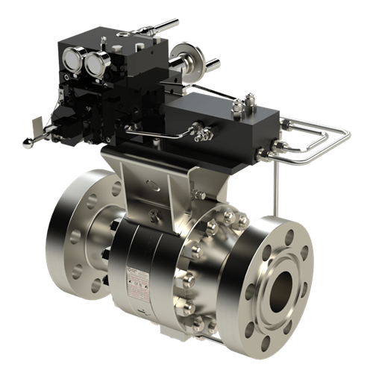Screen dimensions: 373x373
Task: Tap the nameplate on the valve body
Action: (x=138, y=280)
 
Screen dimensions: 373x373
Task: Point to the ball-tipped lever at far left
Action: (x=31, y=142)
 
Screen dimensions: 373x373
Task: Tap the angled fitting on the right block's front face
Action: (x=200, y=134)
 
